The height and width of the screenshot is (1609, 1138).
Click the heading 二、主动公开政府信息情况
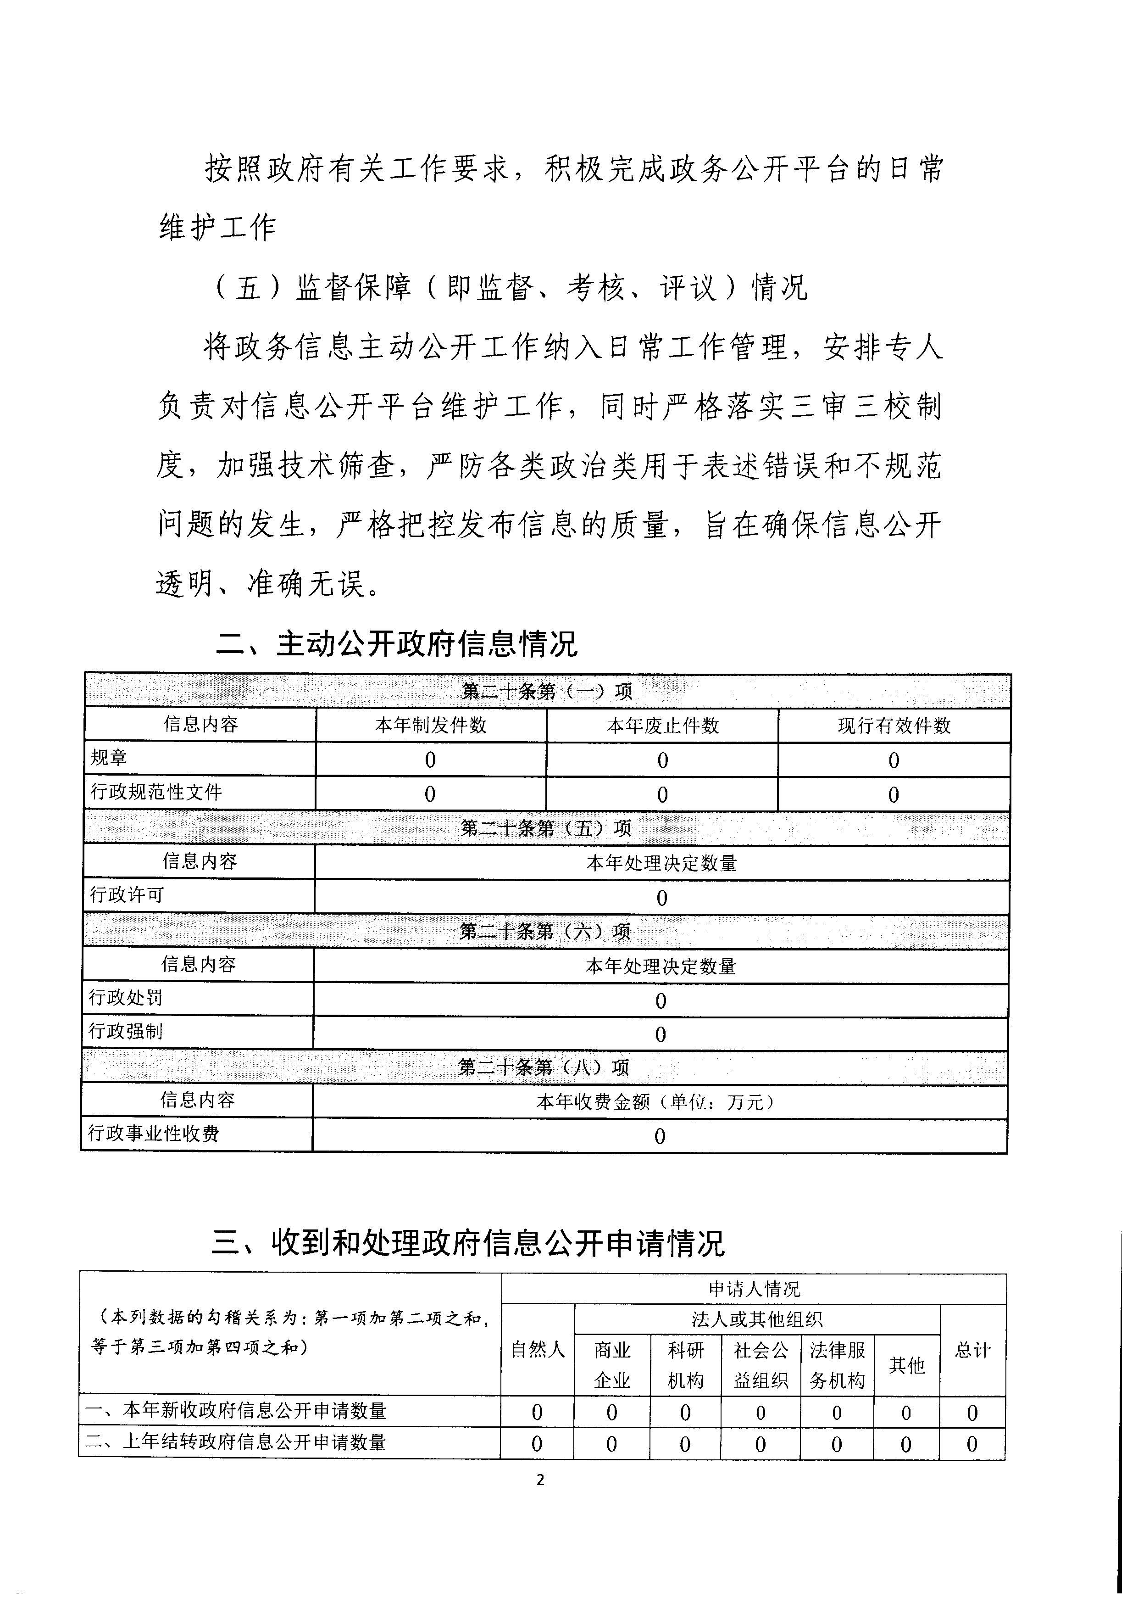click(397, 643)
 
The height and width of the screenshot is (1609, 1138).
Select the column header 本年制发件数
click(430, 725)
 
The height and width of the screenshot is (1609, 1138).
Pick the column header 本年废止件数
click(662, 725)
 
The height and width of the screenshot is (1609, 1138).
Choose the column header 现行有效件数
click(894, 725)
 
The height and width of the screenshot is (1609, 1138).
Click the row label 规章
click(109, 758)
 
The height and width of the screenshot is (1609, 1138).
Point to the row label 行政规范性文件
click(156, 792)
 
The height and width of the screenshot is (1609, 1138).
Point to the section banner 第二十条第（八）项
click(544, 1067)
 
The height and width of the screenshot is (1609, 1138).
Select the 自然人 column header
click(538, 1350)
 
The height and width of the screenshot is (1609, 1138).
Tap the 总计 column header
click(972, 1350)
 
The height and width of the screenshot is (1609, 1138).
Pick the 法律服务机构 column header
click(838, 1365)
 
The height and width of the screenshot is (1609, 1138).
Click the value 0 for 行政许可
click(661, 897)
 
